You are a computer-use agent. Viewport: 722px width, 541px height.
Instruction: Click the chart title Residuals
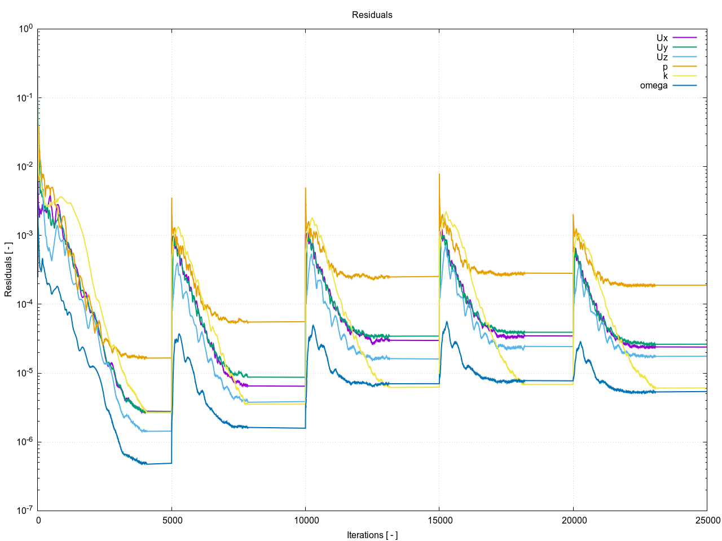tap(372, 15)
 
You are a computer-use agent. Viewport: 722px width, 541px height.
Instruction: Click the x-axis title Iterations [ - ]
tap(372, 535)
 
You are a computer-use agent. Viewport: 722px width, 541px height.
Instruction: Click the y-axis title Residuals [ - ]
tap(8, 269)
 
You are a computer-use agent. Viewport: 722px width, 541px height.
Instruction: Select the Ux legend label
tap(662, 38)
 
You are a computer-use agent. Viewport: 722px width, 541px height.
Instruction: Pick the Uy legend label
tap(662, 48)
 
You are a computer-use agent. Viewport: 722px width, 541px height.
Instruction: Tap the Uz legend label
tap(662, 57)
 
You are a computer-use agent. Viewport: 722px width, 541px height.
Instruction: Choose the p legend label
tap(665, 66)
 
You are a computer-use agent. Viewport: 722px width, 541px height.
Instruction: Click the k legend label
tap(665, 76)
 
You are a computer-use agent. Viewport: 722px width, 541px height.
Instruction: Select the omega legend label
tap(654, 86)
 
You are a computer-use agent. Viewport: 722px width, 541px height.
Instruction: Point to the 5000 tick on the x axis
tap(172, 520)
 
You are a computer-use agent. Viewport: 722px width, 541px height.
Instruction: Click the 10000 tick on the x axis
tap(305, 520)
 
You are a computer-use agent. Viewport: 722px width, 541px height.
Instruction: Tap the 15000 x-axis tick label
tap(439, 520)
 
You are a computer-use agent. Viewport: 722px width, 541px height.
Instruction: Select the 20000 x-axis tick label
tap(573, 520)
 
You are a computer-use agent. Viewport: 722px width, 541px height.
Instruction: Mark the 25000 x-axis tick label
tap(707, 520)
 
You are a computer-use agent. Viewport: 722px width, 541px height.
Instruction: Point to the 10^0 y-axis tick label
tap(25, 29)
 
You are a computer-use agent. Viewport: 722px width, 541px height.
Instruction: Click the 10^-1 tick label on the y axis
tap(25, 98)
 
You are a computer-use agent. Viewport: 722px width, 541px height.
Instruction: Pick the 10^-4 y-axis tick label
tap(25, 304)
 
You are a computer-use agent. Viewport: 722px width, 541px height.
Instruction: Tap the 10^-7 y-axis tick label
tap(25, 511)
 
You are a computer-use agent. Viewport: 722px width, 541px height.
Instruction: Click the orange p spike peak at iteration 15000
tap(439, 174)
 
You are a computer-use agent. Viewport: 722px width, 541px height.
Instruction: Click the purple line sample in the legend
tap(685, 38)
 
